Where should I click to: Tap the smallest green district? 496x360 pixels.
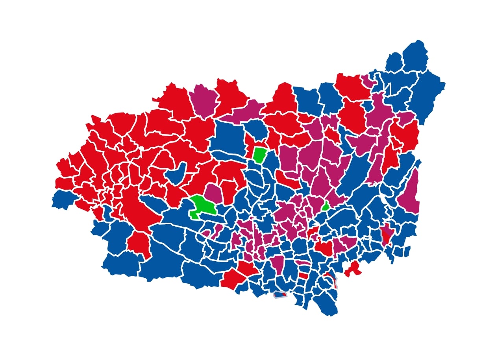tap(326, 206)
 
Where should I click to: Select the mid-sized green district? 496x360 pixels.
tap(260, 155)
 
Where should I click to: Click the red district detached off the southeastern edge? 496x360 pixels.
tap(353, 269)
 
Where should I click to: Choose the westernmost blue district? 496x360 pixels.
tap(63, 199)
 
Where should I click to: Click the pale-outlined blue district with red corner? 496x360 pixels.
tap(280, 294)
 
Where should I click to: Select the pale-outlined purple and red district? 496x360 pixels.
tap(385, 236)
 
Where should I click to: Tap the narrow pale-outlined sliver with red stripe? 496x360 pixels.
tap(335, 281)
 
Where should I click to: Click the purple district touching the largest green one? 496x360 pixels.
tap(213, 192)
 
